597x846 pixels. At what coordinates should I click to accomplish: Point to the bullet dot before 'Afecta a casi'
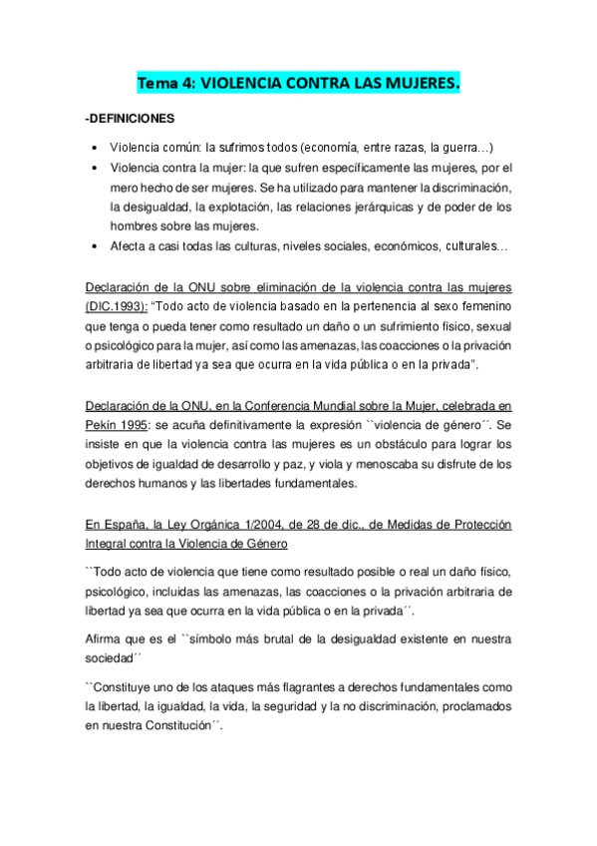tap(94, 246)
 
